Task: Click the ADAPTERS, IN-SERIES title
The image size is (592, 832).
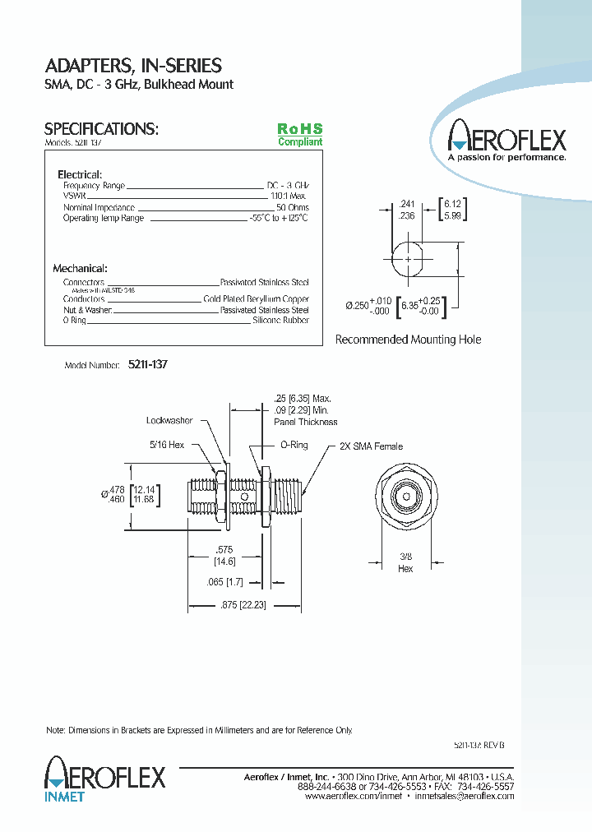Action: [x=132, y=66]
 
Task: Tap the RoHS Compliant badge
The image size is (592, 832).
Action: [x=299, y=135]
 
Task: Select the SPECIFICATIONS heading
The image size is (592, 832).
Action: [x=100, y=129]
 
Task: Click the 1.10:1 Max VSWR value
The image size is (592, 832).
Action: [x=289, y=197]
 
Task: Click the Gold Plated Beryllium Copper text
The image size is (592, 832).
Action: [x=256, y=299]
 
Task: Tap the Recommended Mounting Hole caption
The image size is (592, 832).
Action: [x=408, y=340]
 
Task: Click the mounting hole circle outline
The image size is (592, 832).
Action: [x=409, y=260]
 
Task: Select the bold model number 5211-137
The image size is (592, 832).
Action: [x=148, y=364]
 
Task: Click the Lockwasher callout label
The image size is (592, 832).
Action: [x=169, y=421]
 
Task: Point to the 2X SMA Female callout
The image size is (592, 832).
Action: [x=372, y=446]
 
